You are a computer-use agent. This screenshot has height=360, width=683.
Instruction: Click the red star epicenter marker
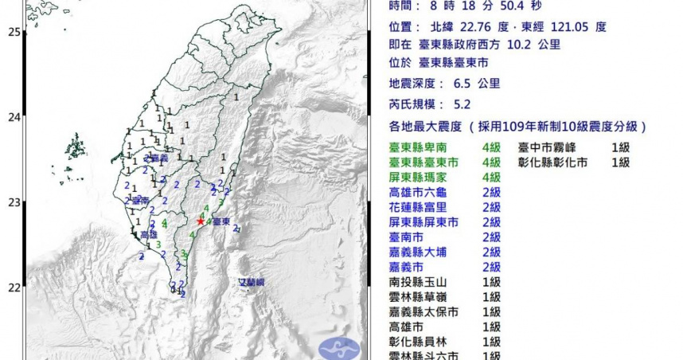click(201, 221)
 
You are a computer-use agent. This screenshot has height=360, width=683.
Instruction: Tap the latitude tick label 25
click(14, 31)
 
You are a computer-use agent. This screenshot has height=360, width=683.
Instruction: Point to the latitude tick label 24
click(14, 117)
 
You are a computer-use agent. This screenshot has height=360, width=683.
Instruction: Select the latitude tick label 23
click(14, 202)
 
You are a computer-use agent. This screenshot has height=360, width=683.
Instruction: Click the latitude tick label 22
click(14, 287)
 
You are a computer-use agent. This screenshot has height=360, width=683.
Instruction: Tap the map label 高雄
click(149, 235)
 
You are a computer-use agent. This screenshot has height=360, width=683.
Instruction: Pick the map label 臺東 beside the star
click(221, 221)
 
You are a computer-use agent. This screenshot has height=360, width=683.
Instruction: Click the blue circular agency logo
click(338, 348)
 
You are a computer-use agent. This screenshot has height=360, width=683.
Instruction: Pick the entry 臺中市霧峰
click(549, 147)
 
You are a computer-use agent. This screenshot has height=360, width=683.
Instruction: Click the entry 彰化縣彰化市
click(555, 162)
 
